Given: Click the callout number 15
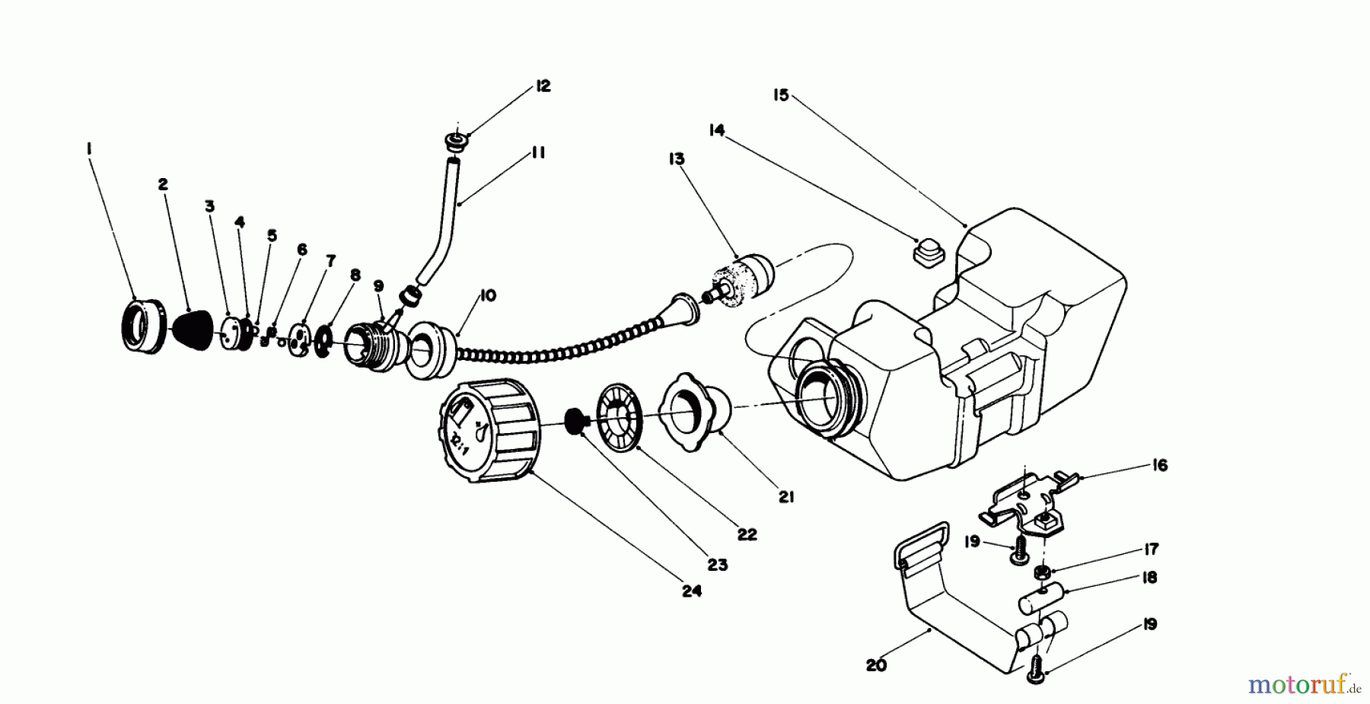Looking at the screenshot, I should [x=781, y=96].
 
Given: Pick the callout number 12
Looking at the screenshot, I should [x=542, y=86].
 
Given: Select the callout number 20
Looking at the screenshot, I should [x=876, y=665].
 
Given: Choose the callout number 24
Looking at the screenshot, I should [x=691, y=591].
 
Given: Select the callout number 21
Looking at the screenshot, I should [x=786, y=497].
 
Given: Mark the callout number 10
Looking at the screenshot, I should [x=488, y=295].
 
